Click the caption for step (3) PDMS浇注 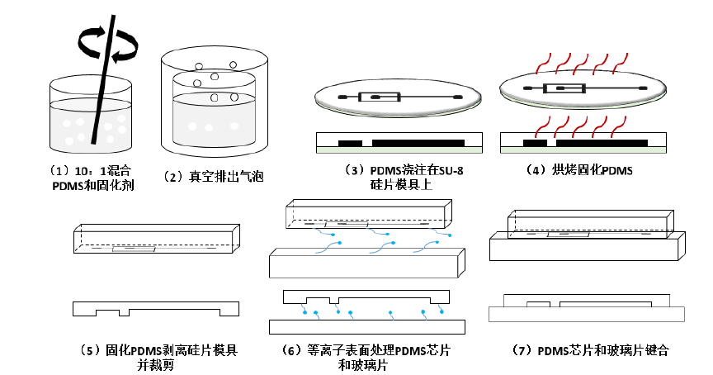point(399,178)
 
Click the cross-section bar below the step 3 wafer point(398,143)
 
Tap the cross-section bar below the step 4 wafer point(584,143)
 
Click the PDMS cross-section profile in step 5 point(157,308)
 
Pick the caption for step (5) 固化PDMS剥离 point(157,356)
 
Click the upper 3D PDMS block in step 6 point(367,216)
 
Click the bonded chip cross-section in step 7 point(586,309)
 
